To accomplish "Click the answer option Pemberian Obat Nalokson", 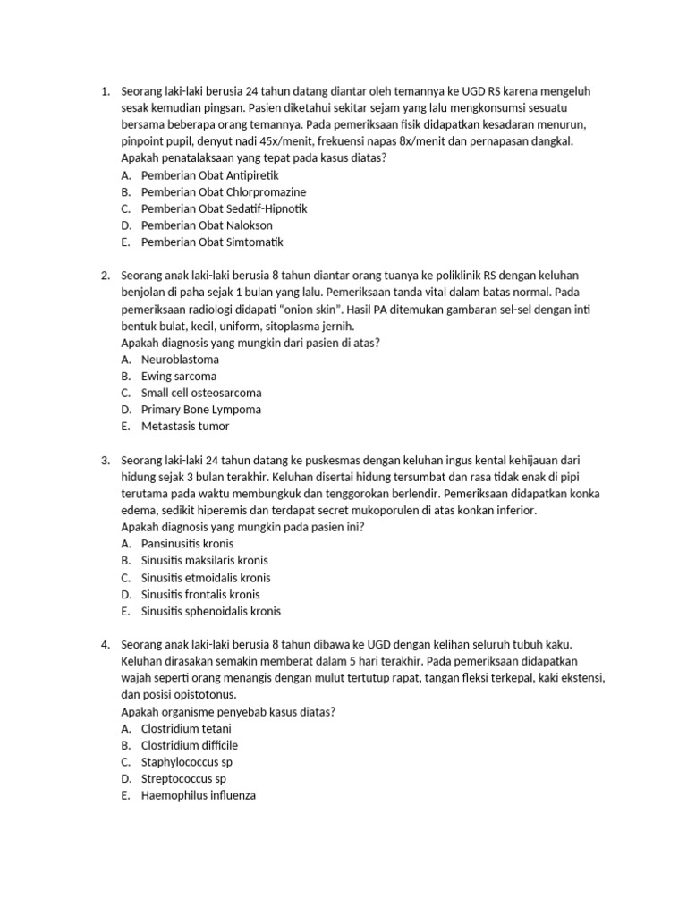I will point(207,225).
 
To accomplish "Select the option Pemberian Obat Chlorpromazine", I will point(224,191).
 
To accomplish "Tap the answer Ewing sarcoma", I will point(179,376).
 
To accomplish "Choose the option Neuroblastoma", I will point(180,360).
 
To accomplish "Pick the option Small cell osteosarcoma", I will point(201,393).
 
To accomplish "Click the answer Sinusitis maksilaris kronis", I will point(205,561).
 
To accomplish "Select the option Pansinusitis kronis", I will point(187,544).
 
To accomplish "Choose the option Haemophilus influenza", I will point(199,795).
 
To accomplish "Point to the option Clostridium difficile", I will point(190,745).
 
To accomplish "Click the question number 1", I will point(105,91).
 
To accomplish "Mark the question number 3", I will point(105,460).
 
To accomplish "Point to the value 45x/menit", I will point(255,141).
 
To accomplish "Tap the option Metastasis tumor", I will point(185,427).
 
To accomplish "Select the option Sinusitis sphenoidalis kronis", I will point(211,611).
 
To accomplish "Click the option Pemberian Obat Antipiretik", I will point(210,175).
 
